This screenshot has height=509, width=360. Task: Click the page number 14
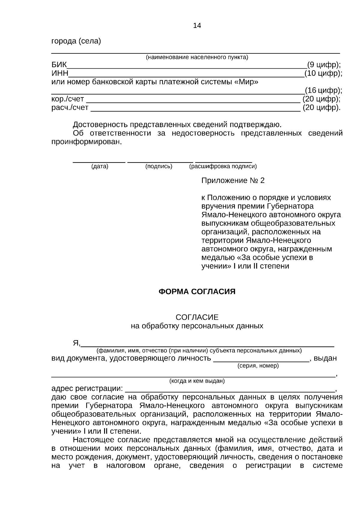(x=197, y=25)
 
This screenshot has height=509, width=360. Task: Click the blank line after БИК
(x=186, y=68)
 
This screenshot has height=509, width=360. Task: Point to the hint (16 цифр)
(x=323, y=90)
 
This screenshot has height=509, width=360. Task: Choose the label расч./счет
(x=70, y=107)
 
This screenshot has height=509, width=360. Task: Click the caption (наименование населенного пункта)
(x=197, y=57)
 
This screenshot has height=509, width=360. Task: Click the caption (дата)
(x=100, y=166)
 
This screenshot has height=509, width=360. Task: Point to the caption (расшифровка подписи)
(x=223, y=166)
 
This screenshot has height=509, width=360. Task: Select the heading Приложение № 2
(x=233, y=181)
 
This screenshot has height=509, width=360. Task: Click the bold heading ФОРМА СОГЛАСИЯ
(x=197, y=292)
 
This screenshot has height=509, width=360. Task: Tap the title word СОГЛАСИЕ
(x=197, y=317)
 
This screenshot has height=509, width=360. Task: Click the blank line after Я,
(x=208, y=346)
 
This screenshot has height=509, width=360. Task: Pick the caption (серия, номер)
(x=258, y=366)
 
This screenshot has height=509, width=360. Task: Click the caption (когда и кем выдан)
(x=197, y=381)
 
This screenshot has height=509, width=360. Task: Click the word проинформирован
(x=87, y=142)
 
